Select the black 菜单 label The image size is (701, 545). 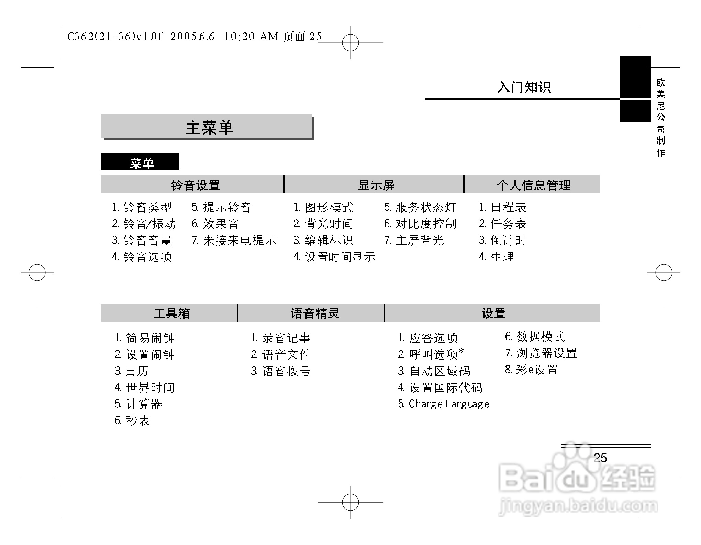click(140, 162)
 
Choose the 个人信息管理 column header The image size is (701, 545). click(533, 185)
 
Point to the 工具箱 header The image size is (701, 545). click(171, 313)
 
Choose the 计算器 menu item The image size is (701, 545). click(143, 404)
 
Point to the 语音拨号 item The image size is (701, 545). click(286, 371)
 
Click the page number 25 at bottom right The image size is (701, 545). click(600, 458)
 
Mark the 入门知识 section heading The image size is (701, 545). click(523, 87)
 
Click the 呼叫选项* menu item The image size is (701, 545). click(435, 354)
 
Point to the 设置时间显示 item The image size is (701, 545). click(339, 257)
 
